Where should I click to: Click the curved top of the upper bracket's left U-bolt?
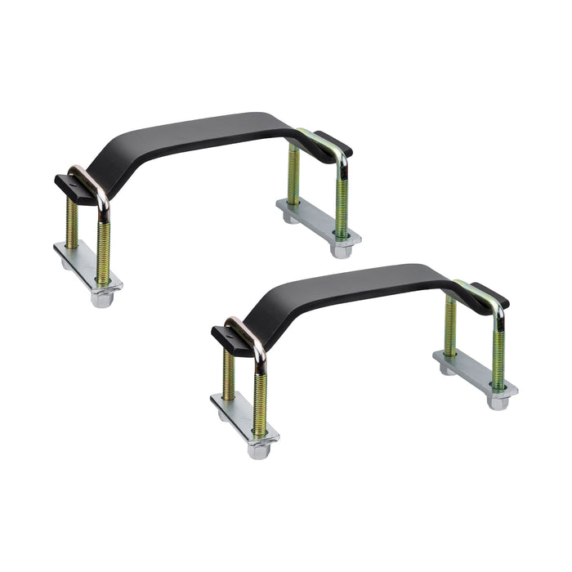pos(90,176)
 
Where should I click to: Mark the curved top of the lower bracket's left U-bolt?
pos(245,327)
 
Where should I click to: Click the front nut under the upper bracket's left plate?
pos(101,299)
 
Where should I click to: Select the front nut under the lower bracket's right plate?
pos(498,402)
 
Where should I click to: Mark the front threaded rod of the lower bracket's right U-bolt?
pos(498,351)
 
